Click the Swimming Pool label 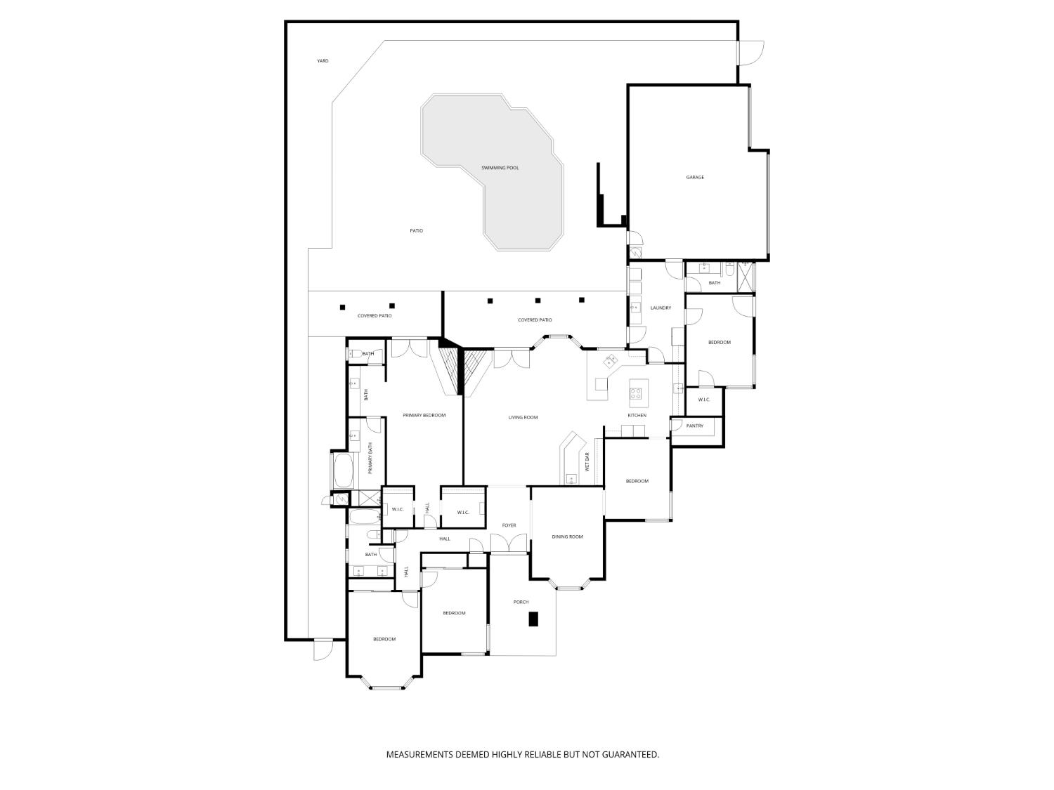(500, 168)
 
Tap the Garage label (695, 177)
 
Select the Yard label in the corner (323, 61)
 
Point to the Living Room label (523, 418)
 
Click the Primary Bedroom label (424, 416)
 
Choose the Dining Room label (567, 537)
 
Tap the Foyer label (509, 525)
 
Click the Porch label (521, 602)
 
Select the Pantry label (694, 426)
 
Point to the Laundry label (661, 308)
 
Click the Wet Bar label (587, 462)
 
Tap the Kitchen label (637, 416)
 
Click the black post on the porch (533, 619)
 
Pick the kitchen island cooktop (637, 393)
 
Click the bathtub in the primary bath (343, 471)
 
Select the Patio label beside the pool (417, 230)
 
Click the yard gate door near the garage (752, 52)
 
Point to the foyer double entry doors (508, 544)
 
